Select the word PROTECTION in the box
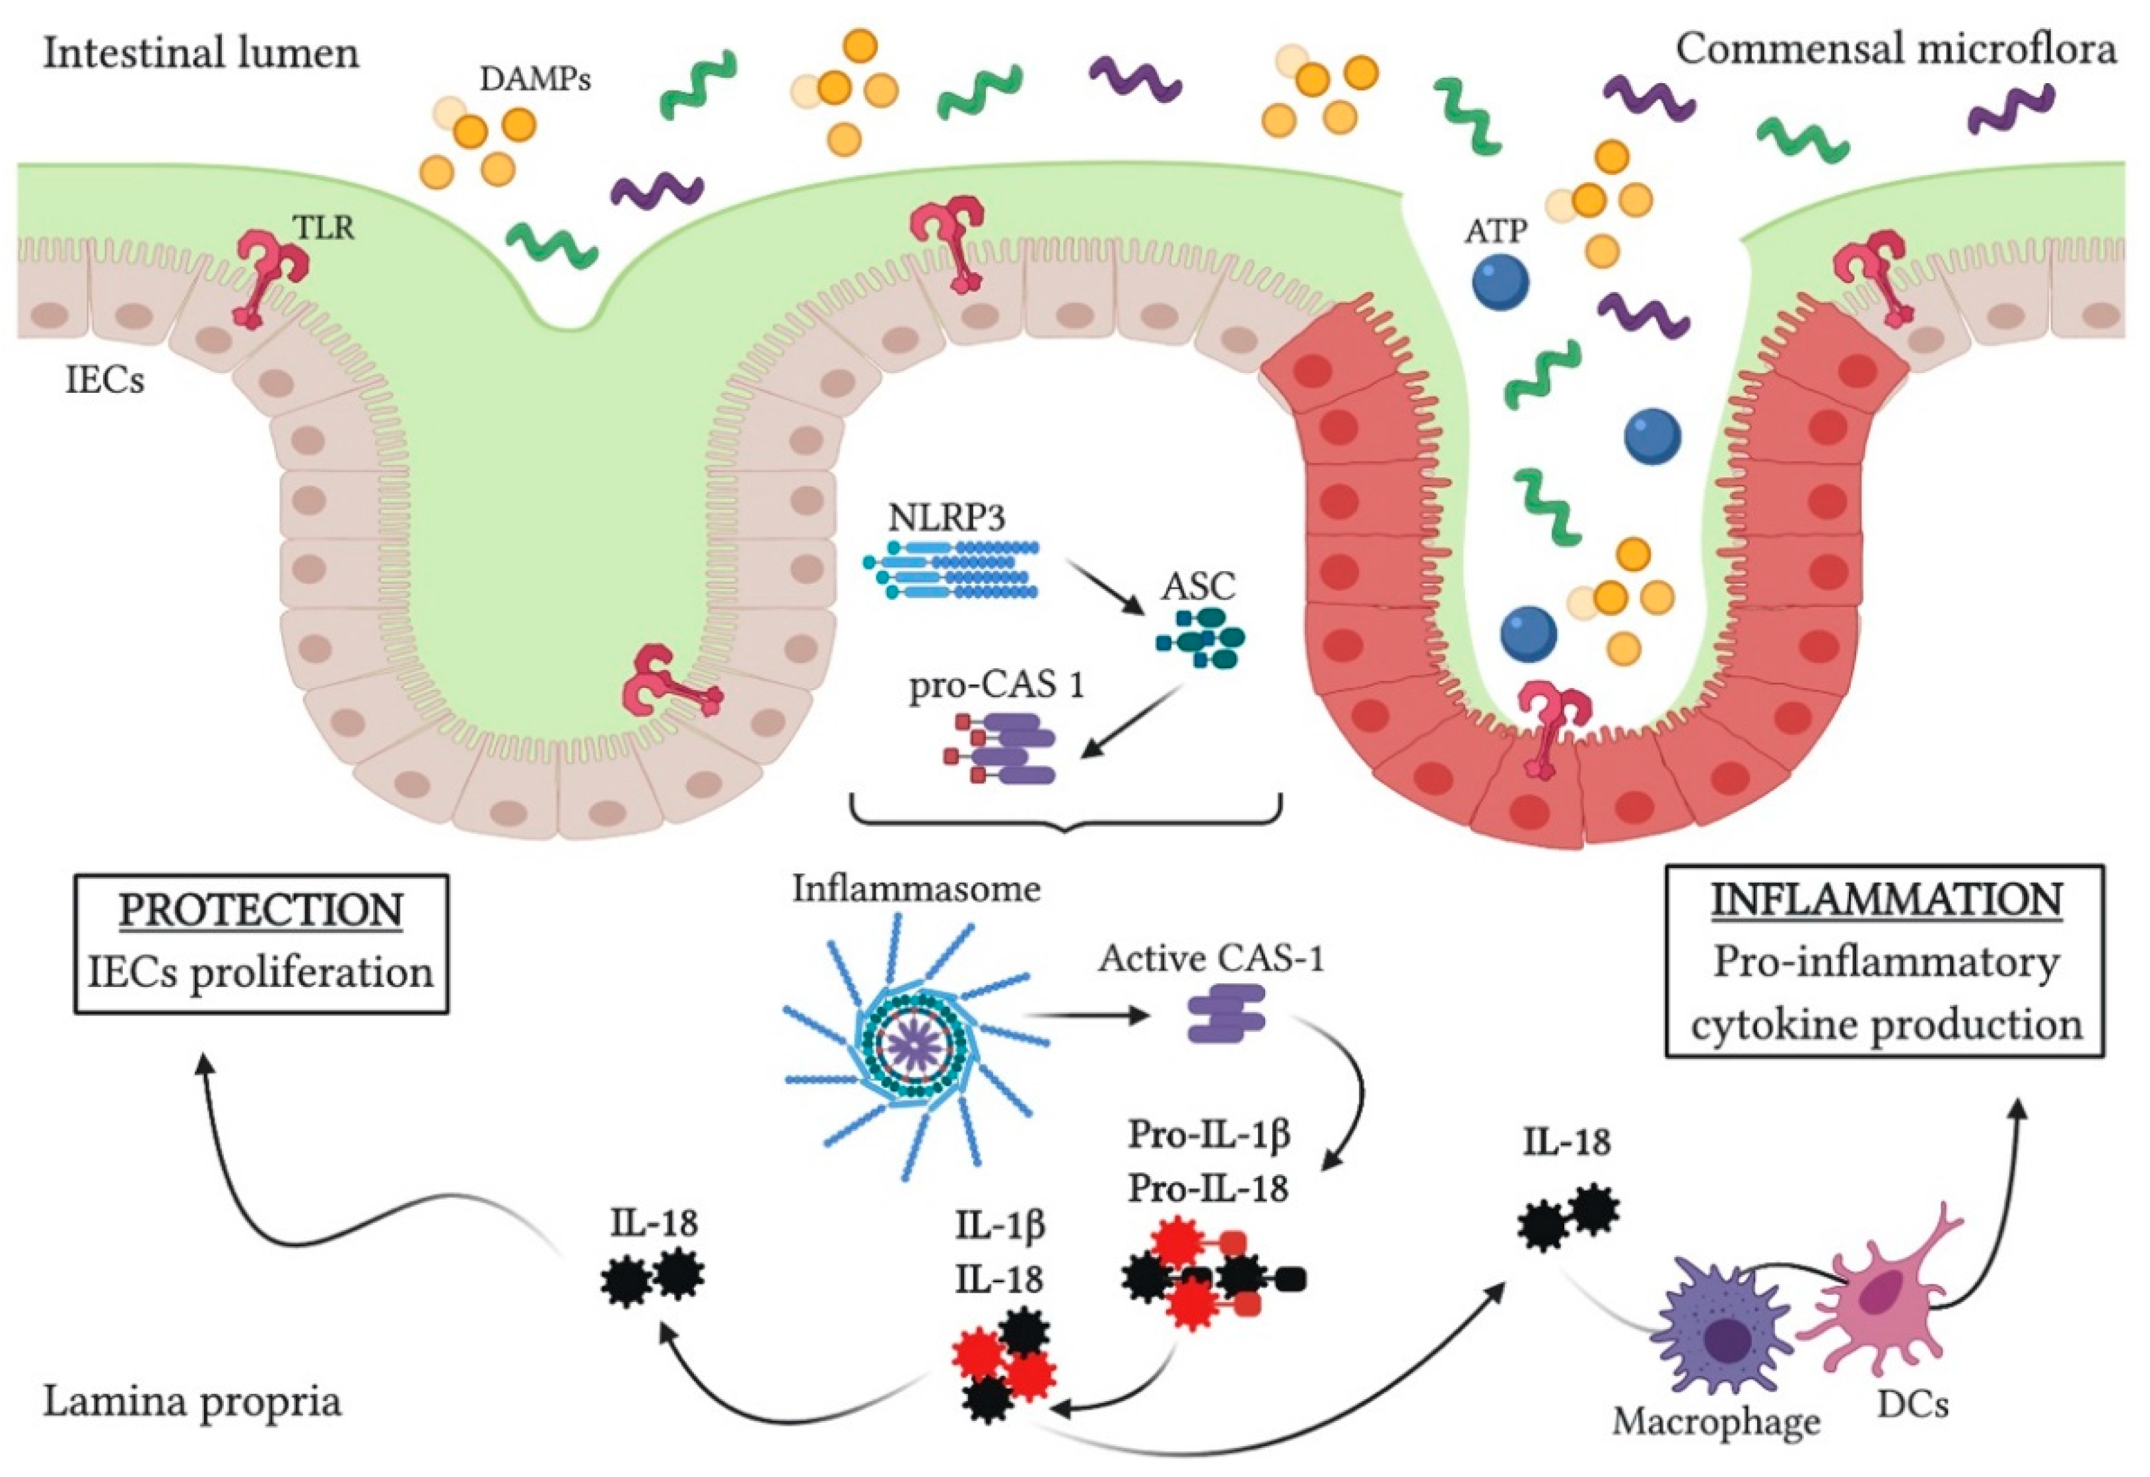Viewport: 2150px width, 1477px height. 261,910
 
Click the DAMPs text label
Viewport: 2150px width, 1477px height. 535,80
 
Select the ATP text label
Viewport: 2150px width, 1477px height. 1496,231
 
